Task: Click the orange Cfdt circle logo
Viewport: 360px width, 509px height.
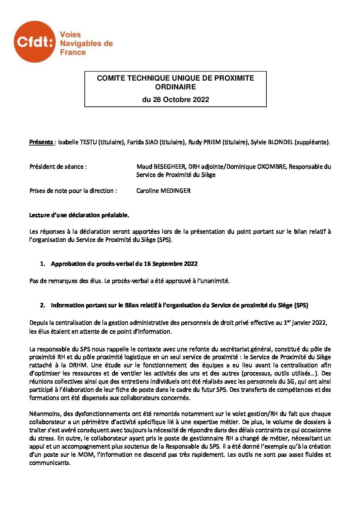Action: (x=34, y=42)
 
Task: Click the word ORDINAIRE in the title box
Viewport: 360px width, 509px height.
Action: (x=175, y=87)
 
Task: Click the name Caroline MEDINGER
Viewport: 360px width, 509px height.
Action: (x=163, y=191)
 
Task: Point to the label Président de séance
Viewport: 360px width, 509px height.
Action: (x=58, y=167)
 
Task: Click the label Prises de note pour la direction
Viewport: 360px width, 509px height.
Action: (x=73, y=191)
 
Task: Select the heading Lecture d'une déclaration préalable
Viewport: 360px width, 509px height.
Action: (x=79, y=215)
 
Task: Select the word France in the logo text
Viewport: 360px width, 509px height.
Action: (x=73, y=52)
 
